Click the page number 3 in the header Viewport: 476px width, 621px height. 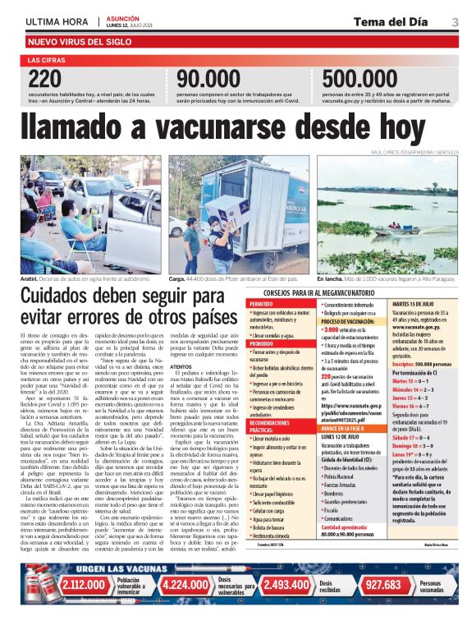(455, 21)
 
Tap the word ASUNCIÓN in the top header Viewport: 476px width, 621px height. (123, 17)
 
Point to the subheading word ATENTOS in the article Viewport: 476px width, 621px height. (181, 366)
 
